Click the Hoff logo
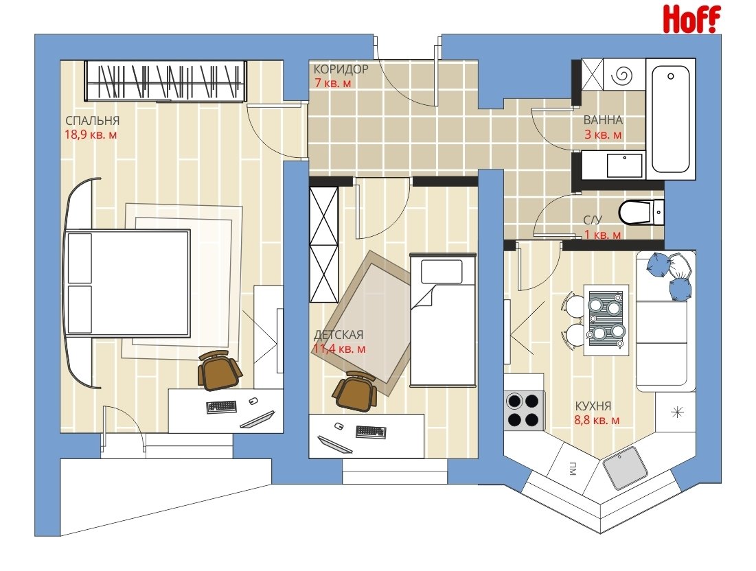point(692,19)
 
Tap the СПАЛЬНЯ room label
point(93,121)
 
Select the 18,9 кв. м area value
point(91,135)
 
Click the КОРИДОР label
point(341,69)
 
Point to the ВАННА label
point(603,120)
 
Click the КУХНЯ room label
point(593,406)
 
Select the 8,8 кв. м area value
point(597,420)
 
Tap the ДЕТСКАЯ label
point(339,334)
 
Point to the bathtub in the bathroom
point(670,119)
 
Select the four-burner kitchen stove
point(524,410)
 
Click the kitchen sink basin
point(626,467)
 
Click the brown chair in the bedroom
point(219,370)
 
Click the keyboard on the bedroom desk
point(222,407)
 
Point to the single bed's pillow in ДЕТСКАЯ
point(442,272)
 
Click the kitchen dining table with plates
point(606,320)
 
